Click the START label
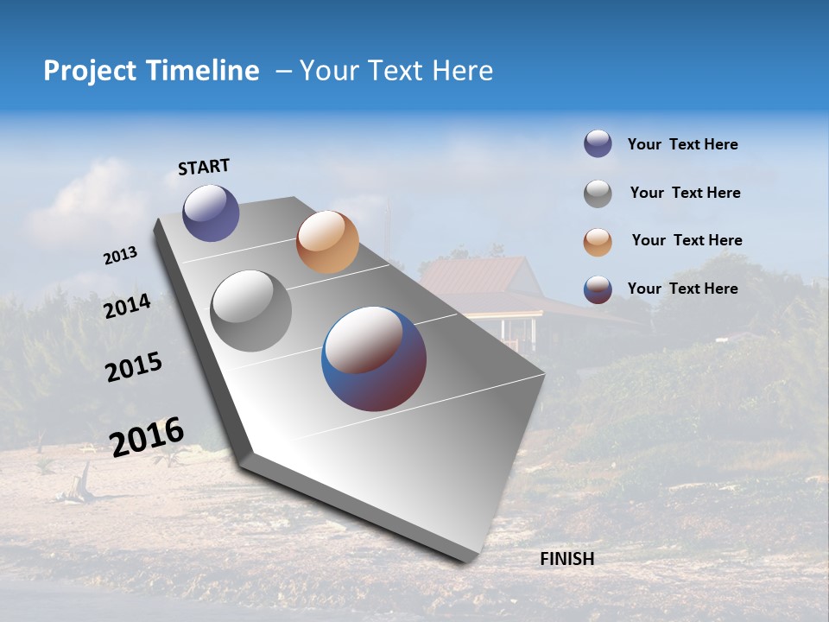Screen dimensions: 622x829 click(x=204, y=167)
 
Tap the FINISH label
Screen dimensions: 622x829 click(x=566, y=559)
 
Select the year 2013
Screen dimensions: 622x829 click(x=121, y=255)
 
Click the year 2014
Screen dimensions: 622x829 click(x=128, y=306)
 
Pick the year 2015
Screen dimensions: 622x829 click(x=134, y=367)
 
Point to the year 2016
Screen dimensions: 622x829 click(x=147, y=436)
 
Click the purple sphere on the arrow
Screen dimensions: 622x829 click(x=211, y=213)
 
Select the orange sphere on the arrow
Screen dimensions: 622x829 click(x=327, y=242)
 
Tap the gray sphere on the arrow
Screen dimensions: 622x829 click(x=250, y=311)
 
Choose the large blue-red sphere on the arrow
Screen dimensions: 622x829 click(x=374, y=359)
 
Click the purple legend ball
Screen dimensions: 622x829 click(x=598, y=143)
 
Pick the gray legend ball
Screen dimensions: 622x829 click(x=598, y=194)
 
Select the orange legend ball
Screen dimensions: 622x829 click(x=598, y=242)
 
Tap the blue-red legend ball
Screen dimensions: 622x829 click(x=598, y=289)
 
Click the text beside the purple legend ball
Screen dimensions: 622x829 click(x=682, y=144)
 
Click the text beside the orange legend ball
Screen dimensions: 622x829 click(x=687, y=240)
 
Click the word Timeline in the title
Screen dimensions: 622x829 click(x=204, y=71)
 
